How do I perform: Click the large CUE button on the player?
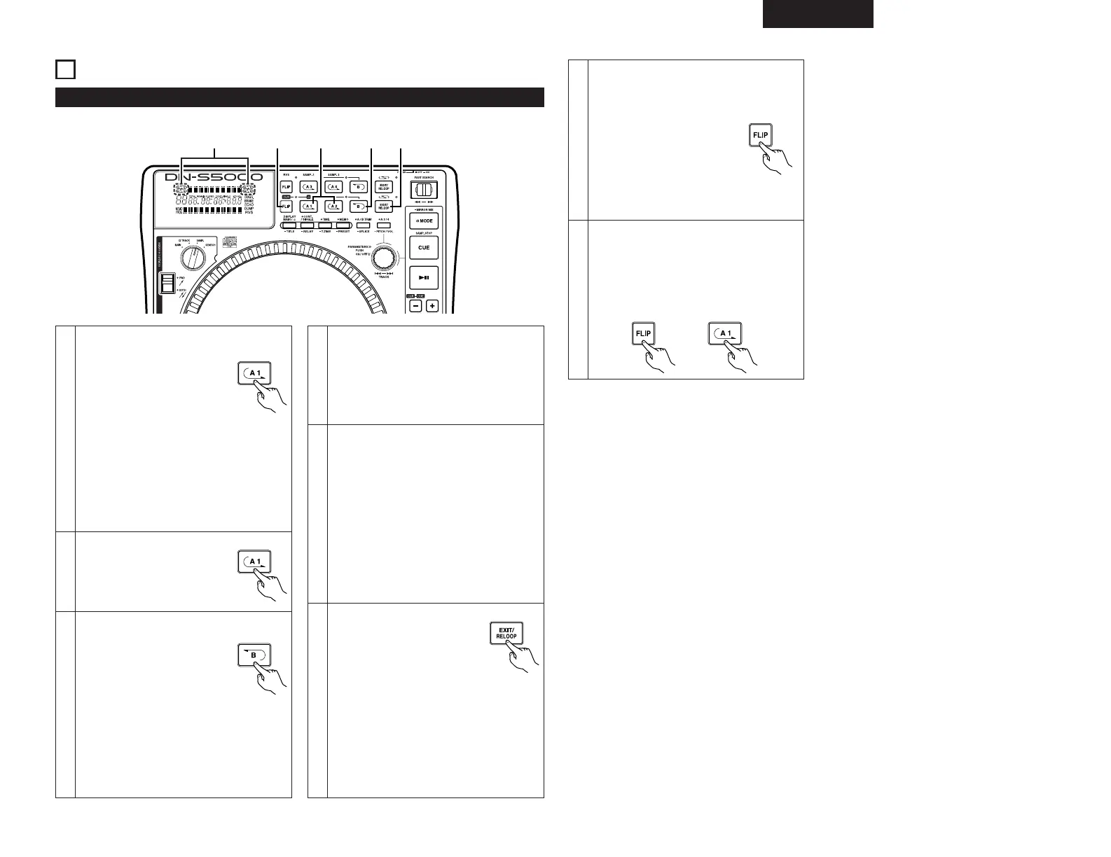click(x=424, y=248)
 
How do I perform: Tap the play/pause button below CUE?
click(x=424, y=277)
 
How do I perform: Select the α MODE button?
click(x=424, y=221)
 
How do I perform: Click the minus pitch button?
click(x=416, y=306)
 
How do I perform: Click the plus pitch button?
click(x=432, y=306)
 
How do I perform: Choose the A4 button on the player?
click(x=334, y=187)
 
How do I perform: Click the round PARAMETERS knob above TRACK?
click(x=382, y=253)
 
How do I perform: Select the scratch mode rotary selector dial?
click(x=191, y=259)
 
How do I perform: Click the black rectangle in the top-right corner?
click(x=817, y=14)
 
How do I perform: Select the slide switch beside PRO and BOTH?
click(x=167, y=284)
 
